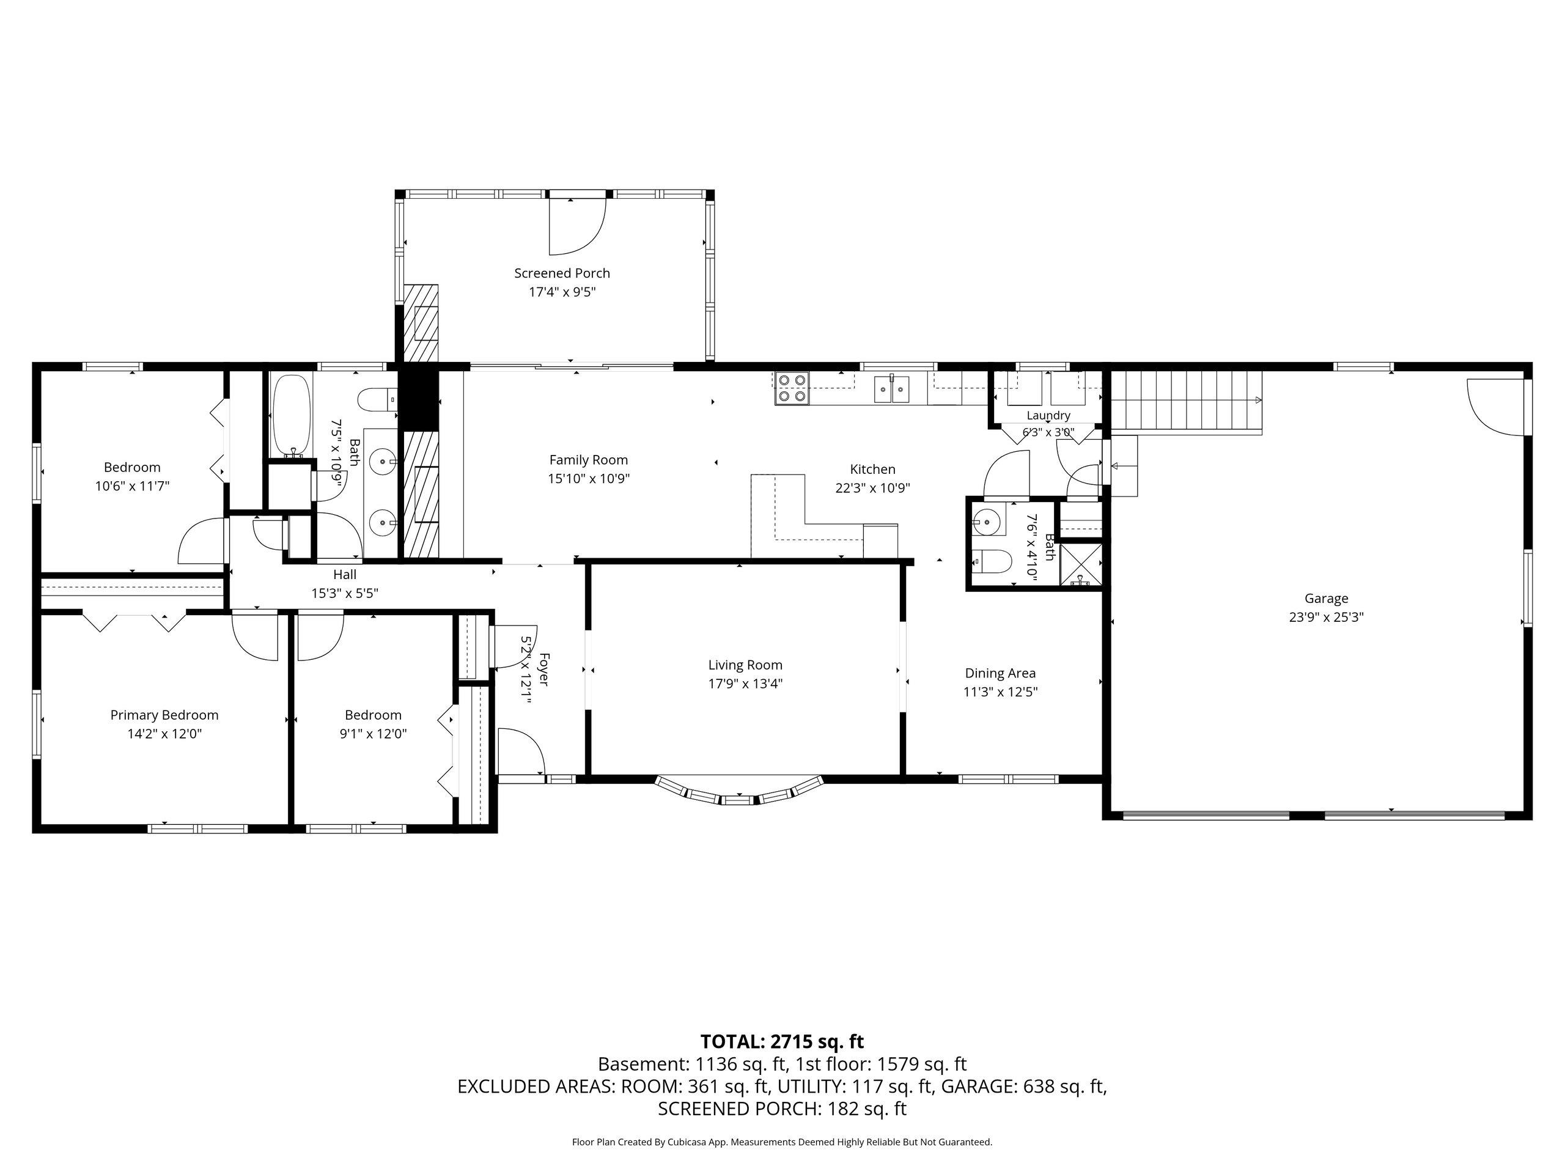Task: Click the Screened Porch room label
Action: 562,273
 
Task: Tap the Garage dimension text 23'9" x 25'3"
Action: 1326,617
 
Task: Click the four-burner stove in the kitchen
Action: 792,388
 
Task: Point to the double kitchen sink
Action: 891,388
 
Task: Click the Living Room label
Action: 745,665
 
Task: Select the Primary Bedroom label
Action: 164,715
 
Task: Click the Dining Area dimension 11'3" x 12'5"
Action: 1000,692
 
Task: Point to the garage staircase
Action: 1187,402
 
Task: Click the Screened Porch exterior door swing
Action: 578,226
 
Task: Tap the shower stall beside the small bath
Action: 1080,564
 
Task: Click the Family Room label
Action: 589,460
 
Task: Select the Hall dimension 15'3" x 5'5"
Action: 345,593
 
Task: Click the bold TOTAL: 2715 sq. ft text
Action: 782,1042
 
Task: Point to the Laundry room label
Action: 1048,415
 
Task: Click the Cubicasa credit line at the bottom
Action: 782,1142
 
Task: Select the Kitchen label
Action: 872,469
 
